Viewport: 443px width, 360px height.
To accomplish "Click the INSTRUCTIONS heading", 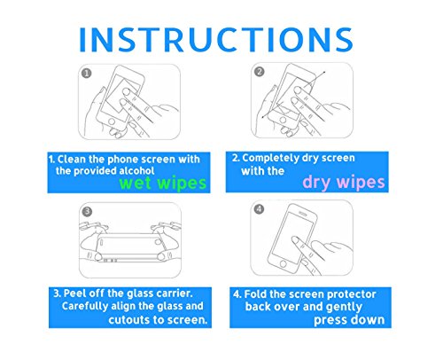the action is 216,40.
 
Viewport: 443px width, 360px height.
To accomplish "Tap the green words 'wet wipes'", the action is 163,184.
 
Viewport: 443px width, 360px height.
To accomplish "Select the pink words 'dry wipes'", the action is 344,183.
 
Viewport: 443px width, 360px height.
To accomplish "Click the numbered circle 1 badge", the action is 87,74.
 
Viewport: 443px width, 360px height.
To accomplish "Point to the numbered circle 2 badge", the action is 260,72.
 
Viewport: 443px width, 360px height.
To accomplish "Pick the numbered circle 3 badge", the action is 87,212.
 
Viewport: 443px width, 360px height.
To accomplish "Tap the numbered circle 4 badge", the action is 259,209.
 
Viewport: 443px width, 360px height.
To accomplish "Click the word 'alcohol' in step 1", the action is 136,171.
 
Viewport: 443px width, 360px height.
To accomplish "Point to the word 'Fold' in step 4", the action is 255,294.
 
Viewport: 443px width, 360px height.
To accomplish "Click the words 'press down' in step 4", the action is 349,320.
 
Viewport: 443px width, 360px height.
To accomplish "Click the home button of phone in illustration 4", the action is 283,263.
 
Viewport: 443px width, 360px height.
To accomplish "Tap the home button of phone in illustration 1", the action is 112,121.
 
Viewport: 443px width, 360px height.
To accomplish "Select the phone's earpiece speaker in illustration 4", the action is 304,212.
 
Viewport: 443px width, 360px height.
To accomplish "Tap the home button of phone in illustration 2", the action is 283,120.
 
